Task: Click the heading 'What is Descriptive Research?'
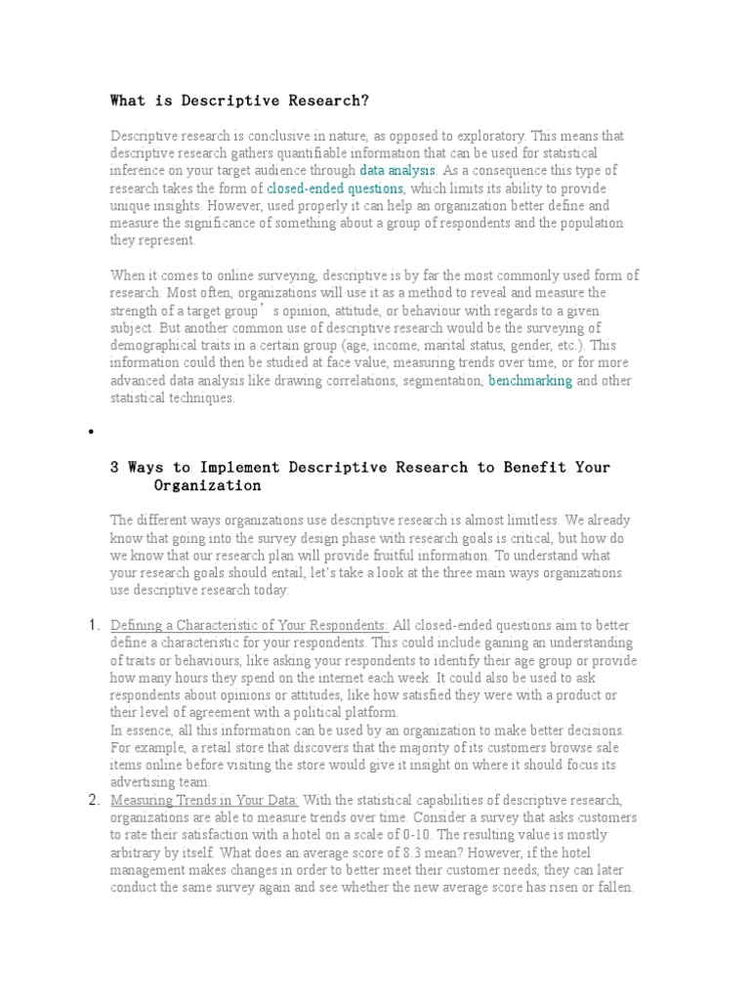pos(240,101)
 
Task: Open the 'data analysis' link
pos(397,171)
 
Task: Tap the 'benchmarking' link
pos(530,381)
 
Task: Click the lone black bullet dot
pos(91,431)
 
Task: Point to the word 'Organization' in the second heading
pos(207,485)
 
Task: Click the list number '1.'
pos(95,625)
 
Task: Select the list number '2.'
pos(95,801)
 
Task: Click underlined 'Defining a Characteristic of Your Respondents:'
pos(249,626)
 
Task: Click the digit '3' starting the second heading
pos(115,468)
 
